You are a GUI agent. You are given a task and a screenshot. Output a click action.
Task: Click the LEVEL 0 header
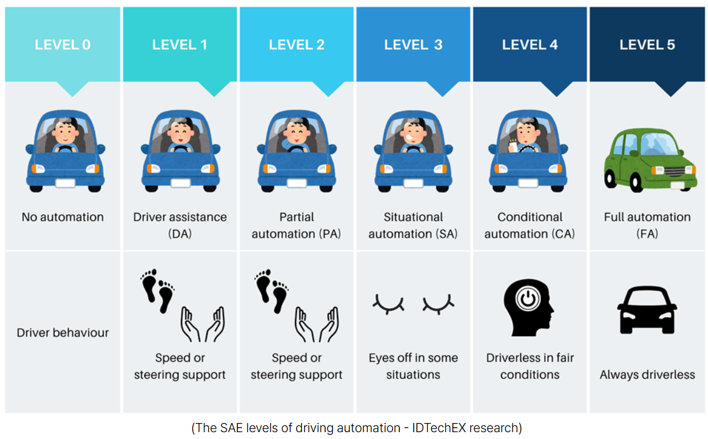[x=63, y=45]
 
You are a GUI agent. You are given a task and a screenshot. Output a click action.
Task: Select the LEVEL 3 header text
[x=413, y=45]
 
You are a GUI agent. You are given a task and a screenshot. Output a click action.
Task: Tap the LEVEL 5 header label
[x=647, y=45]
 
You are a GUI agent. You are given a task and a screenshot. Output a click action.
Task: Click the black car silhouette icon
[x=647, y=310]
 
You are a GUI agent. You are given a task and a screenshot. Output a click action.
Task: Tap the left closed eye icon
[x=388, y=303]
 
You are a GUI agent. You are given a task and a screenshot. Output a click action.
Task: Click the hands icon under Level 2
[x=315, y=324]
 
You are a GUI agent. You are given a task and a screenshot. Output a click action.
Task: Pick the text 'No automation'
[x=63, y=217]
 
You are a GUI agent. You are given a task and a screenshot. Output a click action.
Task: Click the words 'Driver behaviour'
[x=63, y=333]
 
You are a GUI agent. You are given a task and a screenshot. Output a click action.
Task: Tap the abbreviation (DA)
[x=180, y=234]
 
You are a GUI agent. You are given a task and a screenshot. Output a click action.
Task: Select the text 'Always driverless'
[x=647, y=375]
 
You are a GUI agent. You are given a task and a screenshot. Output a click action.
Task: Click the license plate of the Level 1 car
[x=180, y=183]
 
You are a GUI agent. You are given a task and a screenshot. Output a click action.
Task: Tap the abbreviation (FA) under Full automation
[x=647, y=234]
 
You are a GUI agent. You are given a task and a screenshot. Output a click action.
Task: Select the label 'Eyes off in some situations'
[x=413, y=366]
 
